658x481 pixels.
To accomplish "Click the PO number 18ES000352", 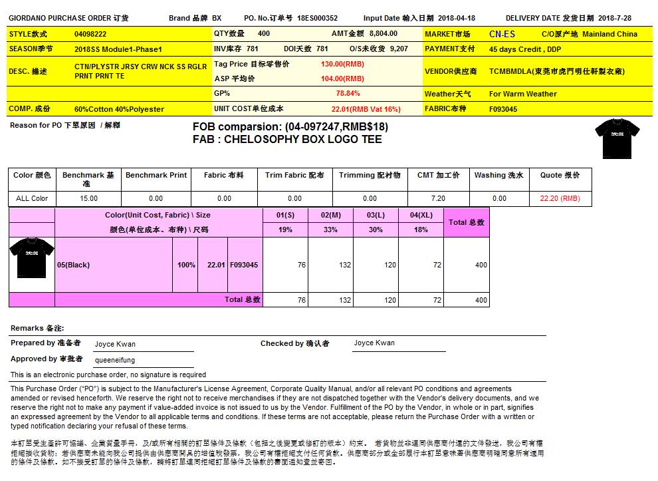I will (317, 19).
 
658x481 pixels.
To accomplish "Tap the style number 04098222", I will (90, 33).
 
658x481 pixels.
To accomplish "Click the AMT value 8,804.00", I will (383, 33).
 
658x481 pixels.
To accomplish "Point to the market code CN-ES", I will (502, 34).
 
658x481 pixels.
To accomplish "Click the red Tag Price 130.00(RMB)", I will (342, 65).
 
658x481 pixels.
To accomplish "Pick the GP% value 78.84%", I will (348, 94).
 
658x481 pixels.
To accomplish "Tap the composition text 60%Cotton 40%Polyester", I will (119, 109).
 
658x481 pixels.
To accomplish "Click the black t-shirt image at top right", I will (616, 138).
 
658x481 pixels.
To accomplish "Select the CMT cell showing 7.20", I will (438, 198).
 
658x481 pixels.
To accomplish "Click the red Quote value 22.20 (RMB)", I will (560, 198).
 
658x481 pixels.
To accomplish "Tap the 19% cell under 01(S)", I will (285, 230).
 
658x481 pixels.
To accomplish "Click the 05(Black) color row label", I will (73, 265).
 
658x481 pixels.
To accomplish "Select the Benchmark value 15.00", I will (88, 198).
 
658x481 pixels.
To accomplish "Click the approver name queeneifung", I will (115, 359).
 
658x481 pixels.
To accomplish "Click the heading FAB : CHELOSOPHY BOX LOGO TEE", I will (287, 140).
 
